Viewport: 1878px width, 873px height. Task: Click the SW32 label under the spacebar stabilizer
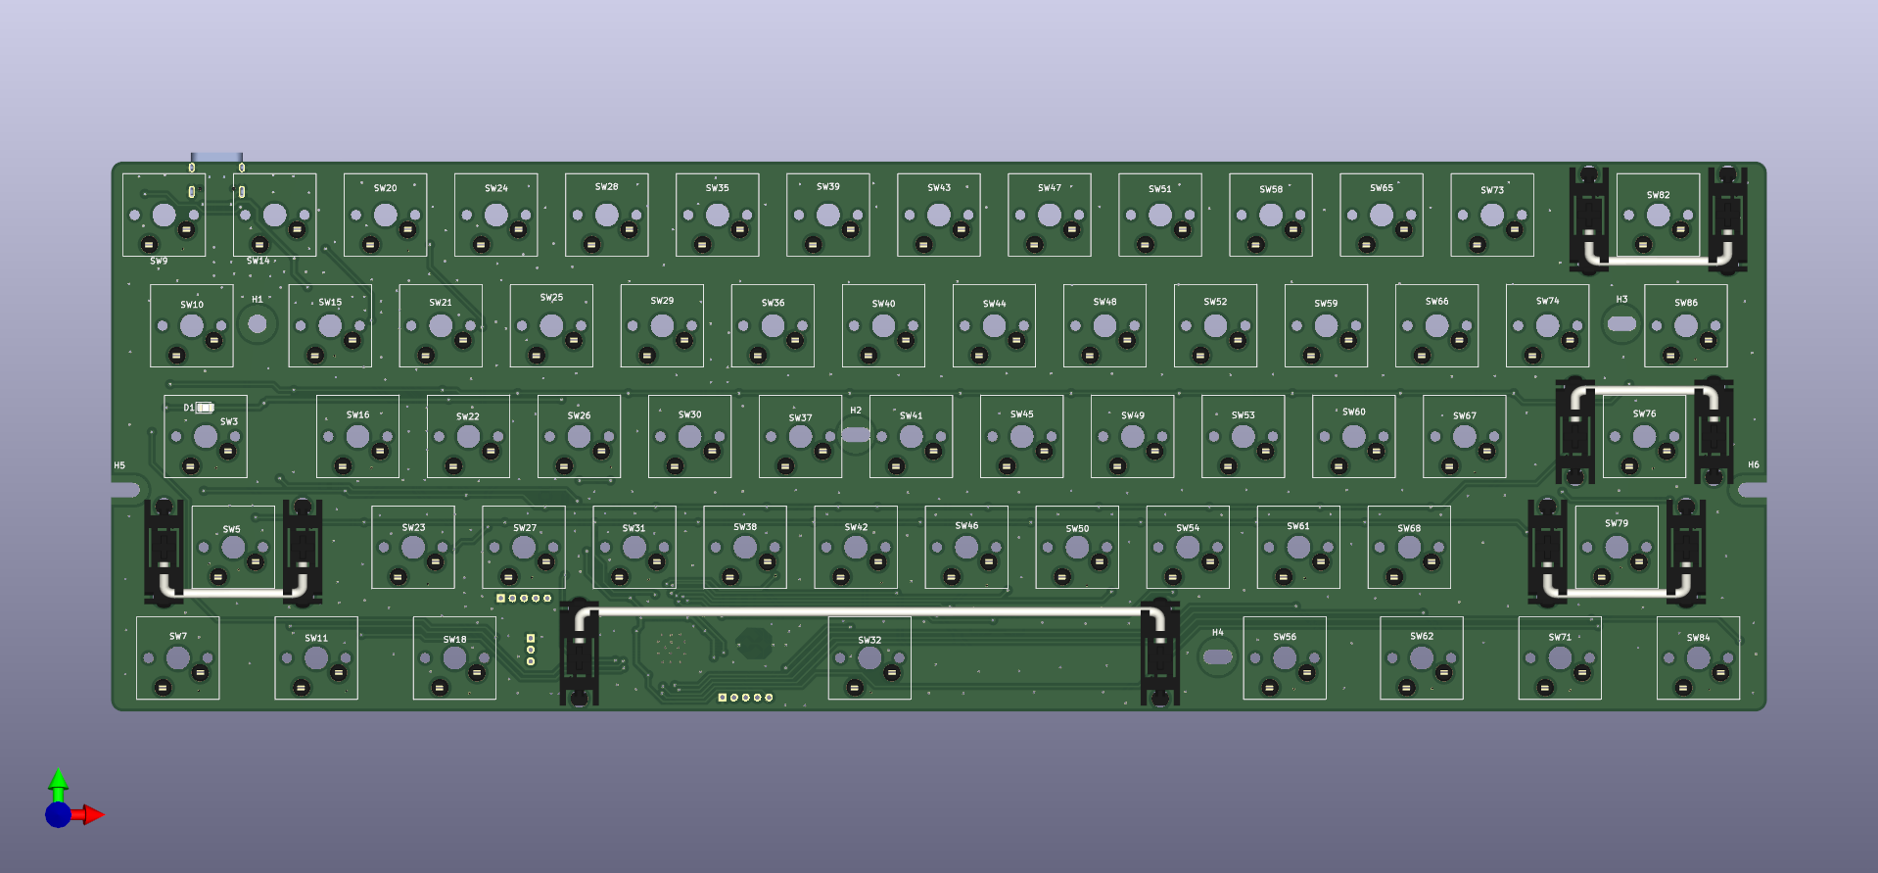(869, 640)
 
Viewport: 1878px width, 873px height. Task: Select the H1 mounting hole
(258, 323)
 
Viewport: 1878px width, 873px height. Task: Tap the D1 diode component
(204, 408)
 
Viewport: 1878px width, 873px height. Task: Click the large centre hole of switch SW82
(1658, 216)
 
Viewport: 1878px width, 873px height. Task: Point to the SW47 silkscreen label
(1050, 188)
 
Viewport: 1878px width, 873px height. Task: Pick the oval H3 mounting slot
(1621, 323)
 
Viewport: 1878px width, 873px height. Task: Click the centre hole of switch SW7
(177, 658)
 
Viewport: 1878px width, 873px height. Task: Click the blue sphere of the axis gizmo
(58, 814)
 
